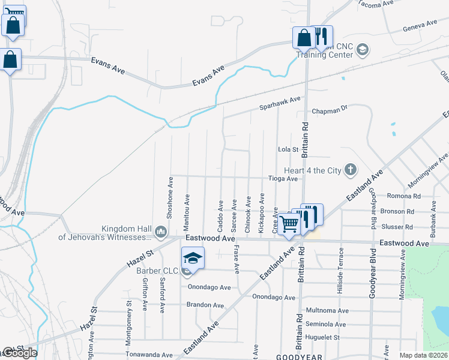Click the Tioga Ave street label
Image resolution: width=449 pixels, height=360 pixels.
[x=283, y=179]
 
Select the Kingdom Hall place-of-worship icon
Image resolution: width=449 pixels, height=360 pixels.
[x=160, y=231]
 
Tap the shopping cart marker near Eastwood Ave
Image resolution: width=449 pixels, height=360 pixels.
[x=289, y=224]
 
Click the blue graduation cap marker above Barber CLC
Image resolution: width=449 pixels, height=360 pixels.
[x=193, y=258]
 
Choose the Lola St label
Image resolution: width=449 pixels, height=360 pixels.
[x=288, y=149]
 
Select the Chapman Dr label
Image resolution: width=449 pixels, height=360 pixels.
[x=330, y=110]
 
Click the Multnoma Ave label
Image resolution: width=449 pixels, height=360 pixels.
[x=327, y=311]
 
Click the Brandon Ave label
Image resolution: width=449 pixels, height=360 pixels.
[x=205, y=305]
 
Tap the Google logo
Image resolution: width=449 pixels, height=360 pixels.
[x=20, y=353]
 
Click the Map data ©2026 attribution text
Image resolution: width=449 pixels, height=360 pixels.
[x=423, y=355]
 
